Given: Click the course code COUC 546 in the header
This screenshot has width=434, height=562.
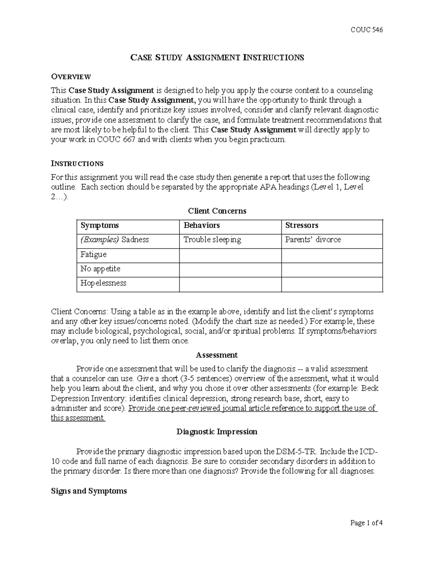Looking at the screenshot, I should [366, 30].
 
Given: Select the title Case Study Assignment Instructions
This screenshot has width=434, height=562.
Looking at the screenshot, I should [217, 58].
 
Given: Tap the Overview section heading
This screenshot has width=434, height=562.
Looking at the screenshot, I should [71, 77].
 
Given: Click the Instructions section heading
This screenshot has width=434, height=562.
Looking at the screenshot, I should [77, 164].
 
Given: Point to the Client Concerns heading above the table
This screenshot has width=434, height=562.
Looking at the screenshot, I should [217, 211].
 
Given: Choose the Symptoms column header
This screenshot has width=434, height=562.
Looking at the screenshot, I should [99, 225].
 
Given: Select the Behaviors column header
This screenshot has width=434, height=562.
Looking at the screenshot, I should [201, 225].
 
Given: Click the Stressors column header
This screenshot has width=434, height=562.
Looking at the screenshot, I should [302, 225].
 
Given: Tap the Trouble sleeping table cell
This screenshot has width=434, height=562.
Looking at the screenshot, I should [212, 240].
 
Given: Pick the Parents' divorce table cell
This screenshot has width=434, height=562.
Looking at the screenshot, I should [313, 240].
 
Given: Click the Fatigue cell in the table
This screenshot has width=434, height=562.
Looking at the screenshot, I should [93, 254].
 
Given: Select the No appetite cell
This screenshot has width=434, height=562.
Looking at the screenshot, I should [100, 269].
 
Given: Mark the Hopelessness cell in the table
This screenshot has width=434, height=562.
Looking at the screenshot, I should [103, 283].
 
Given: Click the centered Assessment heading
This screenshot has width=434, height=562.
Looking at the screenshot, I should [217, 355].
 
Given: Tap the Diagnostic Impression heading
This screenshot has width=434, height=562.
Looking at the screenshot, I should [217, 432].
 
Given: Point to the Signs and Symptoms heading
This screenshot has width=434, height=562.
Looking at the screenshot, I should [89, 491].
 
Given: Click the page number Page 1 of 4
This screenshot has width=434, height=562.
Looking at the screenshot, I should [366, 523].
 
